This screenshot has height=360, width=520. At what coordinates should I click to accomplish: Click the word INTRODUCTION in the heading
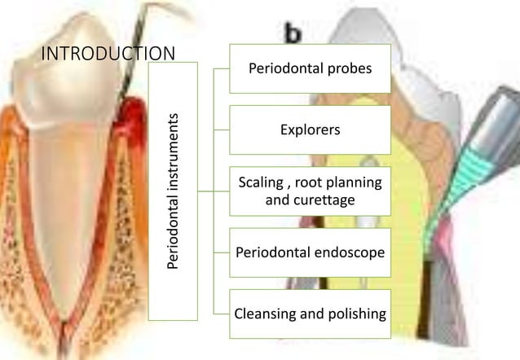pos(108,54)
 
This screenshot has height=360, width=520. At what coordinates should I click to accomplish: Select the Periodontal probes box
pos(310,68)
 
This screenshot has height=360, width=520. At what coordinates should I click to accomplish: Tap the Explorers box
pos(310,130)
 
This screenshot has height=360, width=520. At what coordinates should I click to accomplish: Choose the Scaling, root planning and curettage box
pos(310,191)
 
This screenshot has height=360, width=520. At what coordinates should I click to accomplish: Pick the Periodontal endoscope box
pos(310,252)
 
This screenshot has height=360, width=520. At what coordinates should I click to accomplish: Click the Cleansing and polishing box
pos(310,313)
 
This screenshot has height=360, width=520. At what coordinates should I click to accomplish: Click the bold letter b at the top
pos(292,33)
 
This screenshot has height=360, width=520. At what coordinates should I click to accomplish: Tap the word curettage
pos(310,200)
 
